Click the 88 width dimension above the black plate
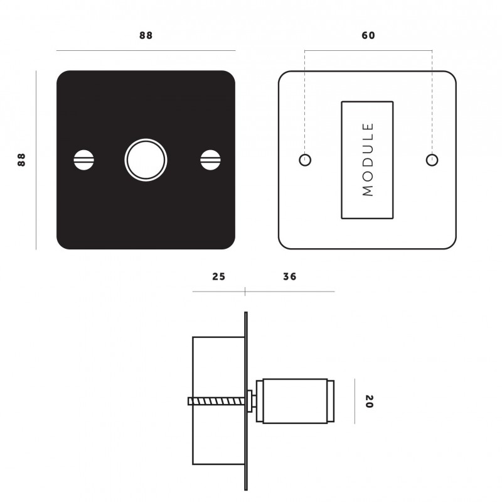coord(146,36)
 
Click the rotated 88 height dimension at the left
coord(21,160)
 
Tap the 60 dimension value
coord(368,36)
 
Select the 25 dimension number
coord(218,276)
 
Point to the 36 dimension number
coord(289,276)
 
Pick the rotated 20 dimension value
coord(368,401)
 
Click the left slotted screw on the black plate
coord(83,160)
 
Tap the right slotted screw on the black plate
coord(210,160)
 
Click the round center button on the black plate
coord(146,160)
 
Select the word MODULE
coord(368,160)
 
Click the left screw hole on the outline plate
coord(305,160)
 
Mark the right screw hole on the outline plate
coord(432,160)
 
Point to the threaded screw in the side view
coord(216,401)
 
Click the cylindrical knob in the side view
coord(295,401)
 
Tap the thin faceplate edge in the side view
coord(245,339)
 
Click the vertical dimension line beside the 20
coord(355,401)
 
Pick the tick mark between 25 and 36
coord(245,292)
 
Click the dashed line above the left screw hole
coord(305,101)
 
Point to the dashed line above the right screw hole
coord(432,101)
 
